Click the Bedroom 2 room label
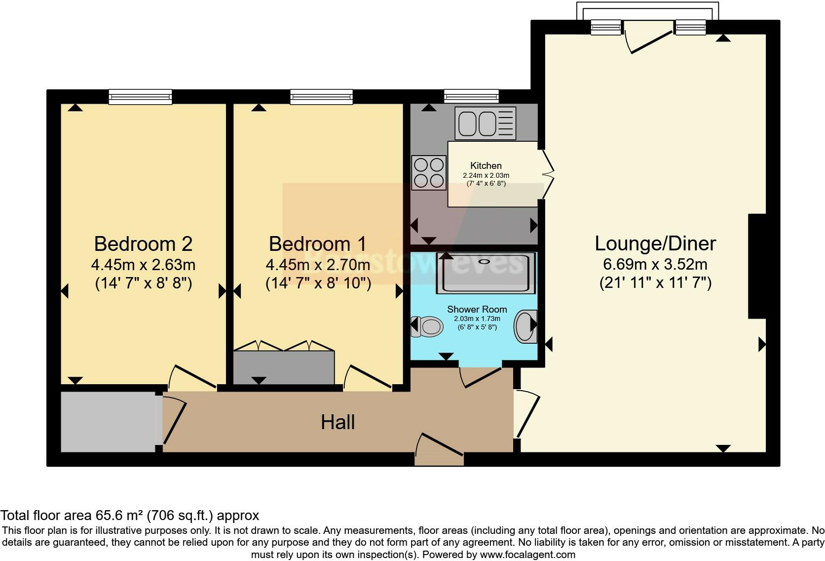coord(143,243)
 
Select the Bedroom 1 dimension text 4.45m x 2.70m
coord(318,265)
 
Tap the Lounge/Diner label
coord(655,243)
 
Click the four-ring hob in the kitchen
coord(429,172)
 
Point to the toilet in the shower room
coord(428,326)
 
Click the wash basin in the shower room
coord(526,326)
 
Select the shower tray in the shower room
coord(486,273)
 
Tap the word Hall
coord(337,422)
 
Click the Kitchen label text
coord(486,165)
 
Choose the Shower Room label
coord(477,309)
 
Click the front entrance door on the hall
coord(439,449)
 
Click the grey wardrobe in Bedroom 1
coord(284,367)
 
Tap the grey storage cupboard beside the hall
coord(108,422)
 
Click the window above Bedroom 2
coord(140,97)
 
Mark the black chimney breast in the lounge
coord(757,266)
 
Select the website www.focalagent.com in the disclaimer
coord(527,554)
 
